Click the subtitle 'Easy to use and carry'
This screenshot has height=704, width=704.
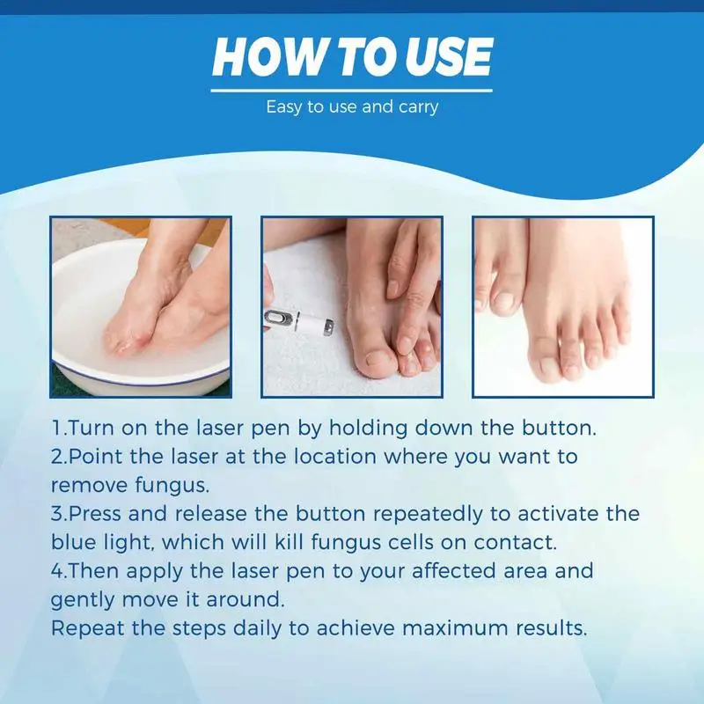pos(352,107)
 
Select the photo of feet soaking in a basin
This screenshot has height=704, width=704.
pos(140,305)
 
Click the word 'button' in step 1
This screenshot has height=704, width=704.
pos(552,430)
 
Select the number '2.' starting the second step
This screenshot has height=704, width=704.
pos(59,458)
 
